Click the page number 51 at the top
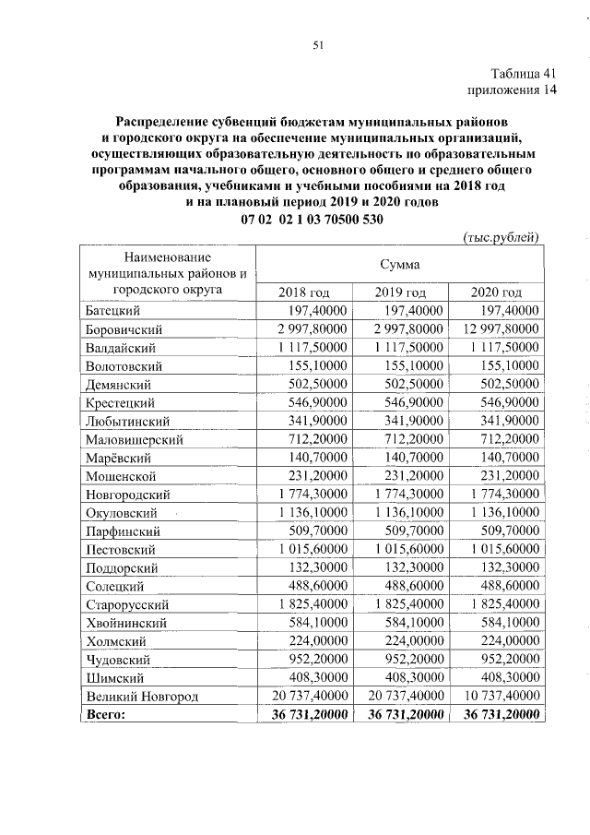point(318,44)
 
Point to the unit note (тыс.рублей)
point(501,237)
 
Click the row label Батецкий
point(112,311)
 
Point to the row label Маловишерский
point(135,439)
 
